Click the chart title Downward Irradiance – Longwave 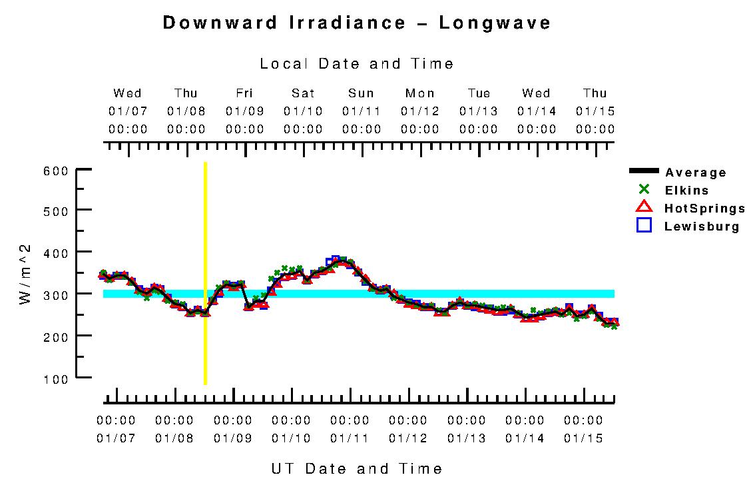[x=357, y=23]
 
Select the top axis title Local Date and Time [x=357, y=64]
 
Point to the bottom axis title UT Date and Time [x=357, y=469]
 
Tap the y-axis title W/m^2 [x=25, y=275]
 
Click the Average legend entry [x=695, y=173]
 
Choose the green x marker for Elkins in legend [x=644, y=190]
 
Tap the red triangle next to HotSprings [x=644, y=207]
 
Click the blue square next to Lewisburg [x=644, y=225]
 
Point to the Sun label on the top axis [x=361, y=93]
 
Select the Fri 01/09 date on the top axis [x=244, y=111]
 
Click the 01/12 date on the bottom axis [x=408, y=438]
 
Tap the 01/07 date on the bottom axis [x=116, y=438]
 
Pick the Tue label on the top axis [x=479, y=93]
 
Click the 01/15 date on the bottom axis [x=583, y=438]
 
